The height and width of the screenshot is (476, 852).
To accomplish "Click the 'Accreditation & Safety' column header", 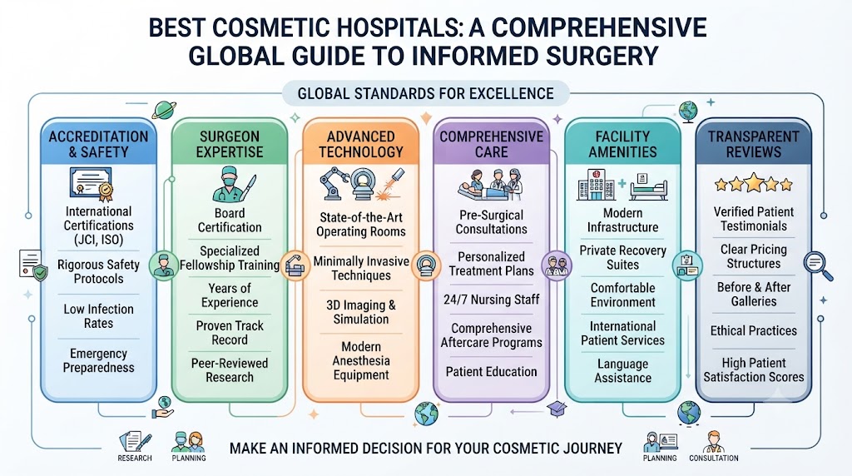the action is point(98,144).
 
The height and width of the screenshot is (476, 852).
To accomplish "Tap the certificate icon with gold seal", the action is point(92,184).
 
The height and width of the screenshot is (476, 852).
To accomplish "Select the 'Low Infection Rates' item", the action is point(98,316).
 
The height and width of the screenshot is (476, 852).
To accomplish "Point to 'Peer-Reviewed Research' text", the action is point(230,370).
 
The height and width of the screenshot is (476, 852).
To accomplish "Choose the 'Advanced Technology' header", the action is point(361,144).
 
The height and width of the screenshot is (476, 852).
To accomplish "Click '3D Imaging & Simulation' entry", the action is point(361,312).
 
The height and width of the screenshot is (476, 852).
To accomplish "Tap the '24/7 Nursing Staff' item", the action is point(491,300).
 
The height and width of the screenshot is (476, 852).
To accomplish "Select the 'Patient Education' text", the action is point(491,372).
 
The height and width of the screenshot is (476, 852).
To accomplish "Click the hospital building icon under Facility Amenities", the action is point(596,186).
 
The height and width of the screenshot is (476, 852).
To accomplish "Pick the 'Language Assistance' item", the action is point(622,370).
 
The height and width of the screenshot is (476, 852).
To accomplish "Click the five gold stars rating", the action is point(754,184).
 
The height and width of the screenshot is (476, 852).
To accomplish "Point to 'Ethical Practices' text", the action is point(754,330).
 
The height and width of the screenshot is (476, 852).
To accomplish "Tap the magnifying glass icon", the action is point(818,266).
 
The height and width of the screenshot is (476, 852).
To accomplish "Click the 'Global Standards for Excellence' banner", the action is point(425,93).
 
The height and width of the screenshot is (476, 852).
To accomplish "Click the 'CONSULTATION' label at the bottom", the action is point(713,458).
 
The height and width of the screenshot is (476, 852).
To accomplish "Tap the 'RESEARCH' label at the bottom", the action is point(135,458).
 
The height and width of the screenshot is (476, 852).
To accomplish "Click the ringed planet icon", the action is point(164,110).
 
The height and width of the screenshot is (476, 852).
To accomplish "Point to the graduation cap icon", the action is point(557,409).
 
